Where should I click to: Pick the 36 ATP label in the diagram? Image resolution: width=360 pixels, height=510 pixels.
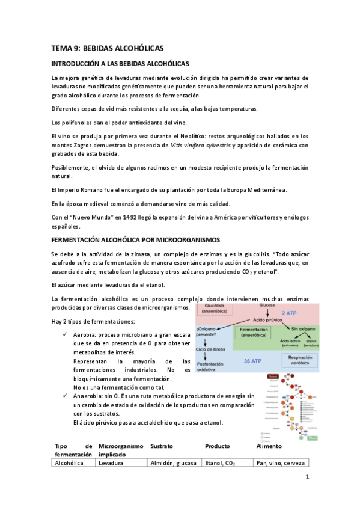(259, 361)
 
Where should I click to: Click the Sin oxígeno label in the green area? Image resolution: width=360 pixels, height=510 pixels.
(304, 329)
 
